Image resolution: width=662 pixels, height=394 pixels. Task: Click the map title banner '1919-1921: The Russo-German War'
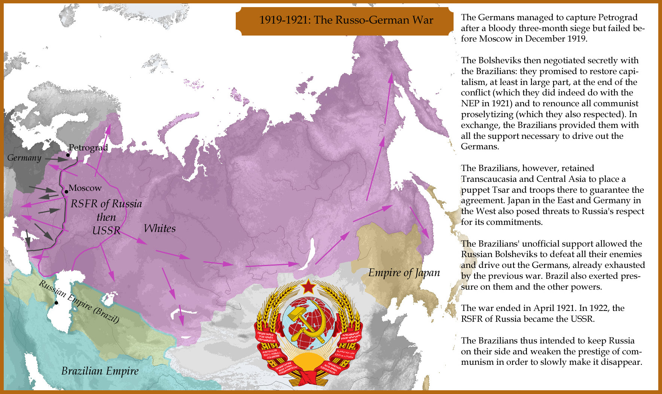click(x=346, y=20)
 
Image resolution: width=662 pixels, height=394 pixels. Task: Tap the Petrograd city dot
click(x=68, y=155)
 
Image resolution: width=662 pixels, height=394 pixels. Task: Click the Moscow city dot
click(x=66, y=192)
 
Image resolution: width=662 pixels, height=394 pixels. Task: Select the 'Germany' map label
click(x=24, y=158)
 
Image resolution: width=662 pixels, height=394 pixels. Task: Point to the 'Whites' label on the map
click(x=159, y=228)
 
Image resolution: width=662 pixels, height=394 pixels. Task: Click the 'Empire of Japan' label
click(x=404, y=272)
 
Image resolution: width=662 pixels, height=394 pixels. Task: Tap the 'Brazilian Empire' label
click(x=100, y=371)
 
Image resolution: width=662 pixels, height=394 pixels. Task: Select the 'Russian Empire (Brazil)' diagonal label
click(x=79, y=302)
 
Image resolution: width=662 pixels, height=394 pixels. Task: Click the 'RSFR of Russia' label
click(x=106, y=204)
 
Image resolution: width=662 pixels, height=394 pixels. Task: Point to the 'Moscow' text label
click(x=85, y=188)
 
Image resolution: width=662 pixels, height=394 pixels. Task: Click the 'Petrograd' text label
click(x=88, y=147)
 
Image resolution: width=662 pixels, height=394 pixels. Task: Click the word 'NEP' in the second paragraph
click(x=470, y=104)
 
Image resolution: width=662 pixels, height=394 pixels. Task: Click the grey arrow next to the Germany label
click(x=56, y=159)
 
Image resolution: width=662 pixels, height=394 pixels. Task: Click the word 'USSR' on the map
click(x=106, y=230)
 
